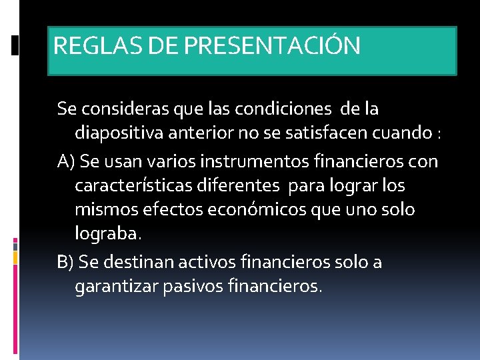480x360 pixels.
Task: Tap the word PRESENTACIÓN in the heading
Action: click(x=271, y=46)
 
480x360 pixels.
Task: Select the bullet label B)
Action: click(x=66, y=262)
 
